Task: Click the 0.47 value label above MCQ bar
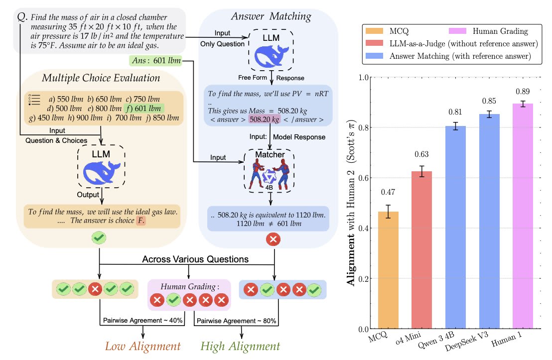(392, 192)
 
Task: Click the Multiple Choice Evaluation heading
(101, 78)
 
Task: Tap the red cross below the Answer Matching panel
(273, 239)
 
